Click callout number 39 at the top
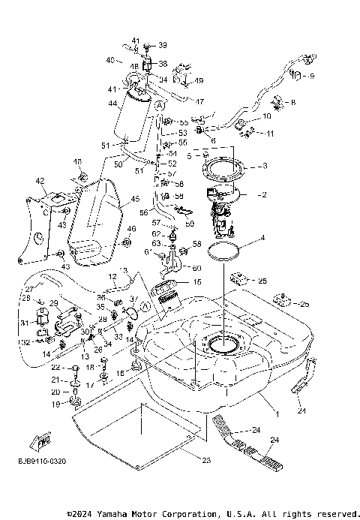[163, 45]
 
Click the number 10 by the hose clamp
[266, 116]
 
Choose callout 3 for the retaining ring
[264, 166]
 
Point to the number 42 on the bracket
[40, 181]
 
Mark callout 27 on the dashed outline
[29, 289]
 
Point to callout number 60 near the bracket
[196, 267]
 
